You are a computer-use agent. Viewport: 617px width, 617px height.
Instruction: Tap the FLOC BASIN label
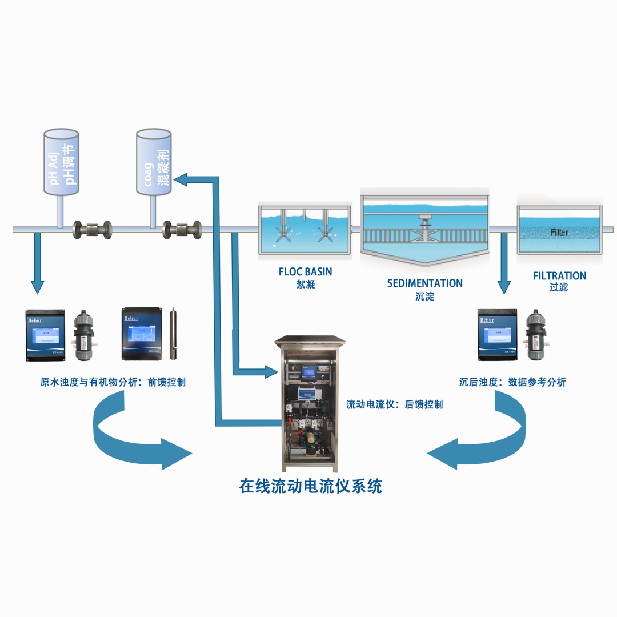click(x=305, y=271)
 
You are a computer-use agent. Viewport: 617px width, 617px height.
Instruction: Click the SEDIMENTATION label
click(x=424, y=283)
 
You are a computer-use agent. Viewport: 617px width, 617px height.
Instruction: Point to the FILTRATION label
click(x=559, y=276)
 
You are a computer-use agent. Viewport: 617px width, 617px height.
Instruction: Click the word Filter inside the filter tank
click(x=559, y=233)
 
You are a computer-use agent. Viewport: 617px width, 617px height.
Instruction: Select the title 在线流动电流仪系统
click(x=310, y=486)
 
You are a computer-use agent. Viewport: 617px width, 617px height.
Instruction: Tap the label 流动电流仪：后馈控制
click(x=394, y=404)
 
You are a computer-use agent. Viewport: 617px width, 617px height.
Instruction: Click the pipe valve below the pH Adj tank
click(x=93, y=229)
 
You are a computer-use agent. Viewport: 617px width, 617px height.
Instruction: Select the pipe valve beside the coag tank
click(x=182, y=229)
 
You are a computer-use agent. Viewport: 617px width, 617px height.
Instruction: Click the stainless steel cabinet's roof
click(x=311, y=341)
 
